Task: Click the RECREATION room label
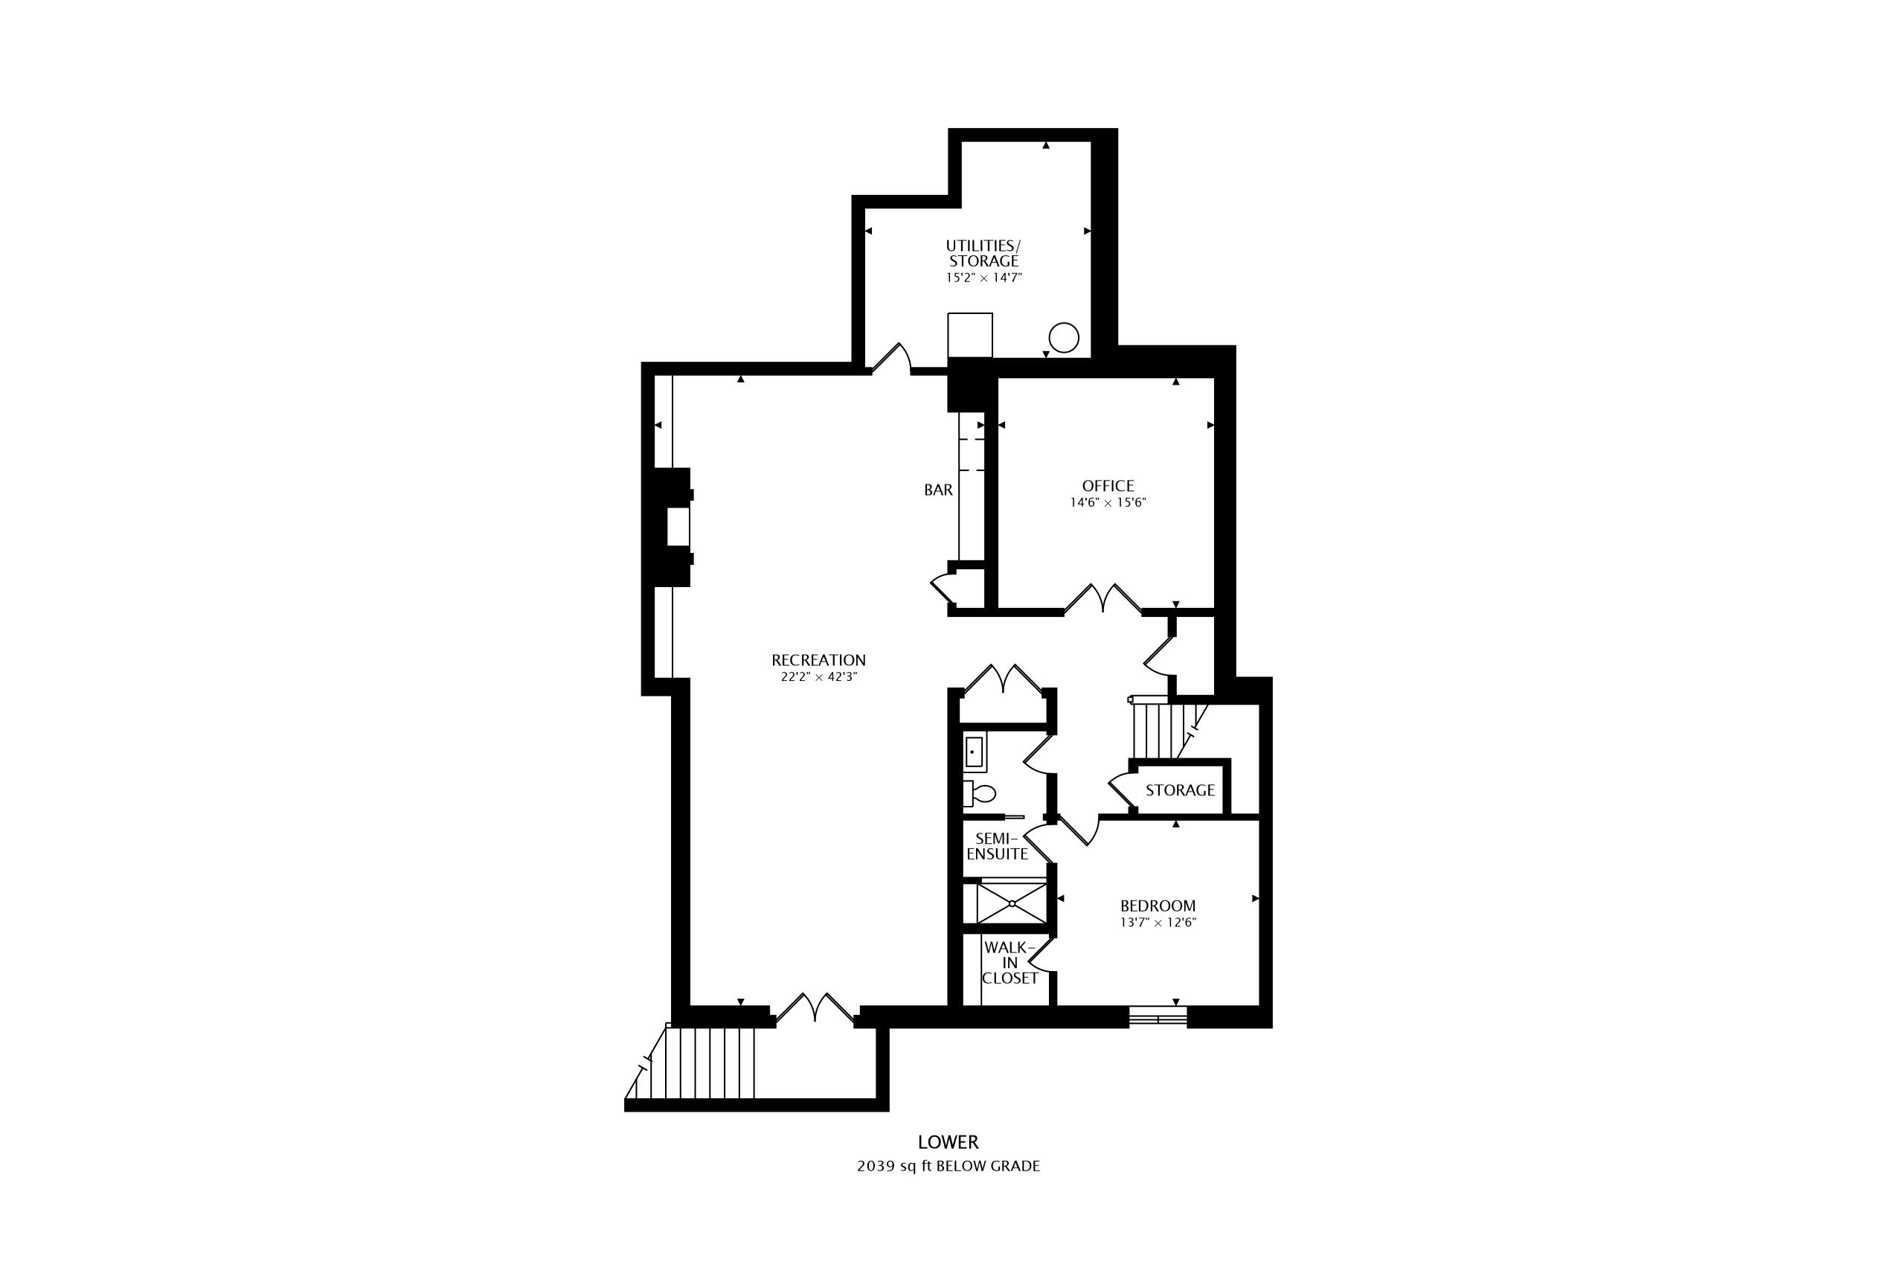pyautogui.click(x=818, y=660)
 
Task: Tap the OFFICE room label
pyautogui.click(x=1108, y=486)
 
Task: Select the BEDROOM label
pyautogui.click(x=1158, y=906)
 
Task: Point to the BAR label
pyautogui.click(x=938, y=490)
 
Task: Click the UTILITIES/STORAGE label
pyautogui.click(x=983, y=253)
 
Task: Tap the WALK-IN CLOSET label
pyautogui.click(x=1010, y=962)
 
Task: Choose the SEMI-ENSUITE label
pyautogui.click(x=997, y=846)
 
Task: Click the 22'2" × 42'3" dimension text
pyautogui.click(x=818, y=678)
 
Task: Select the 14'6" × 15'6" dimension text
pyautogui.click(x=1108, y=502)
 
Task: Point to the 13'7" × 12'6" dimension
pyautogui.click(x=1158, y=923)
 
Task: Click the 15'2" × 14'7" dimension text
pyautogui.click(x=983, y=278)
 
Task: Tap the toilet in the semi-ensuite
pyautogui.click(x=978, y=793)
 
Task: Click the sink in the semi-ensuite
pyautogui.click(x=975, y=752)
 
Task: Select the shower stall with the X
pyautogui.click(x=1012, y=903)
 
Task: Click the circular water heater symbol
pyautogui.click(x=1063, y=338)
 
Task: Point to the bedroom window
pyautogui.click(x=1158, y=1016)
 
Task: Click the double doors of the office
pyautogui.click(x=1102, y=598)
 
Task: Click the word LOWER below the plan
pyautogui.click(x=948, y=1142)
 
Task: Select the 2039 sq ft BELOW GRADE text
pyautogui.click(x=948, y=1166)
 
